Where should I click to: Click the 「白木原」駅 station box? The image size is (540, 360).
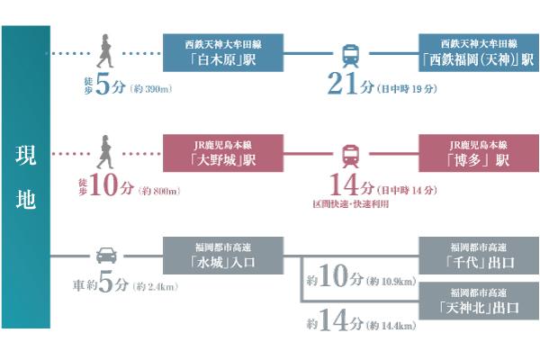tap(221, 52)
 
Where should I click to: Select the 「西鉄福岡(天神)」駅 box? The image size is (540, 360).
tap(476, 52)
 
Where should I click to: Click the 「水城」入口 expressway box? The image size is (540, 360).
tap(221, 256)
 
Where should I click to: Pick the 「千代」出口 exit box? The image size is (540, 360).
tap(476, 256)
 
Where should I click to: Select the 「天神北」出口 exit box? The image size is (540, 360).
tap(476, 301)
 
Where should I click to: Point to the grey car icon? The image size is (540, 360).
tap(105, 256)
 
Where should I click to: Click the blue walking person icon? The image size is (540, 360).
tap(105, 52)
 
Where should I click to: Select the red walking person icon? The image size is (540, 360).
tap(105, 154)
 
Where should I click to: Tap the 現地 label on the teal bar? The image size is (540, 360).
tap(25, 177)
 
